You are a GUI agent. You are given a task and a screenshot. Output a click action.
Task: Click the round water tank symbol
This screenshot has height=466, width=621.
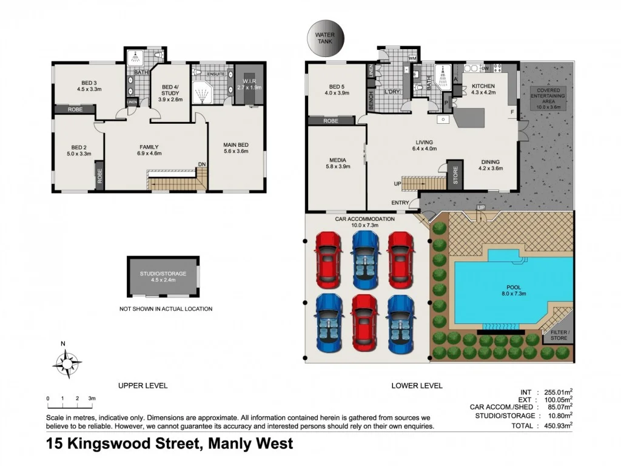tap(324, 38)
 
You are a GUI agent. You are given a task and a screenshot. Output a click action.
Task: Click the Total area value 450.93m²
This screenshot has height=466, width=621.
tap(556, 425)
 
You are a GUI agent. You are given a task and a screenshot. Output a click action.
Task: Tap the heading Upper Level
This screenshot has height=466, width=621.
tap(143, 385)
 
